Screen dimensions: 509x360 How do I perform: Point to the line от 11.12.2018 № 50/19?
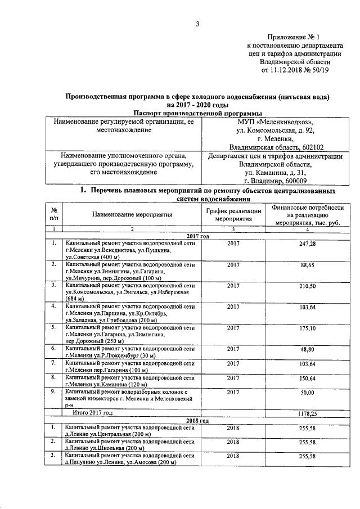click(x=294, y=70)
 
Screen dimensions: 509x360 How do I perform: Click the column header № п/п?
click(x=54, y=213)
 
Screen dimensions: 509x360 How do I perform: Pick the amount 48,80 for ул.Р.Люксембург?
click(x=307, y=349)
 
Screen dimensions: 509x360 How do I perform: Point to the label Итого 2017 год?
click(x=94, y=413)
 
